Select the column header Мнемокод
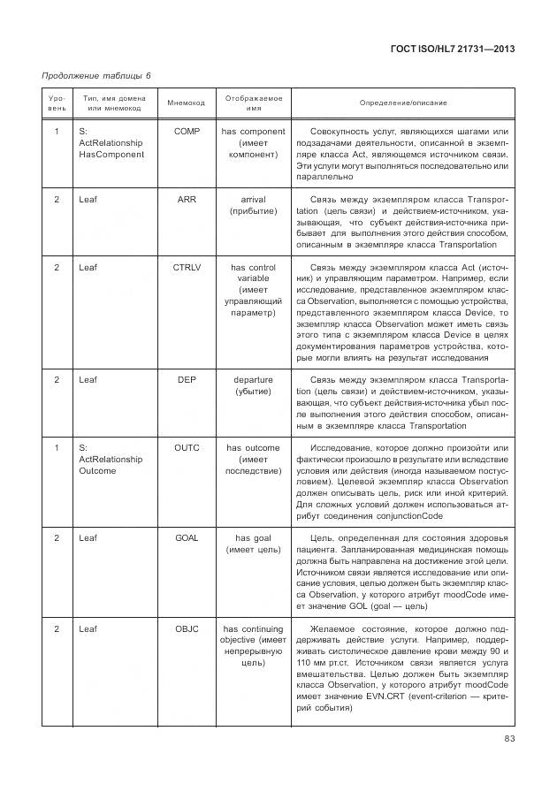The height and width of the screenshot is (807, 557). pos(186,103)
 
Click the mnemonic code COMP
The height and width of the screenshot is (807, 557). pos(187,132)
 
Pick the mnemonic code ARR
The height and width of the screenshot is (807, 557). pos(187,200)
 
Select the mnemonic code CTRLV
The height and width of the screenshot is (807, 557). pos(187,267)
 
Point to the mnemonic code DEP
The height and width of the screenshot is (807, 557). pos(187,380)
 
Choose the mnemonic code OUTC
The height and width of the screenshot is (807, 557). pos(187,448)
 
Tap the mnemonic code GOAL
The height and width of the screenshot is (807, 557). pos(187,537)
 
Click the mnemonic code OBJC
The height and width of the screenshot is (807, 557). pos(187,628)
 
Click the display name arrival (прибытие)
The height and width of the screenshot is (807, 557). pos(254,205)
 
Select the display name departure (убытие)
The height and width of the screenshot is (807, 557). pos(254,385)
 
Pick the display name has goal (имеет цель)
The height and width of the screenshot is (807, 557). pos(254,543)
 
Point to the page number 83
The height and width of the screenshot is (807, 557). pos(509,740)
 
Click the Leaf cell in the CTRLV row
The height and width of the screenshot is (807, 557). pos(88,267)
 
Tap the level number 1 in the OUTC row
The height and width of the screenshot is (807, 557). pos(57,448)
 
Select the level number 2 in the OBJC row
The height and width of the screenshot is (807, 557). pos(57,628)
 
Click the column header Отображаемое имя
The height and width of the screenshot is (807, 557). pos(254,103)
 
